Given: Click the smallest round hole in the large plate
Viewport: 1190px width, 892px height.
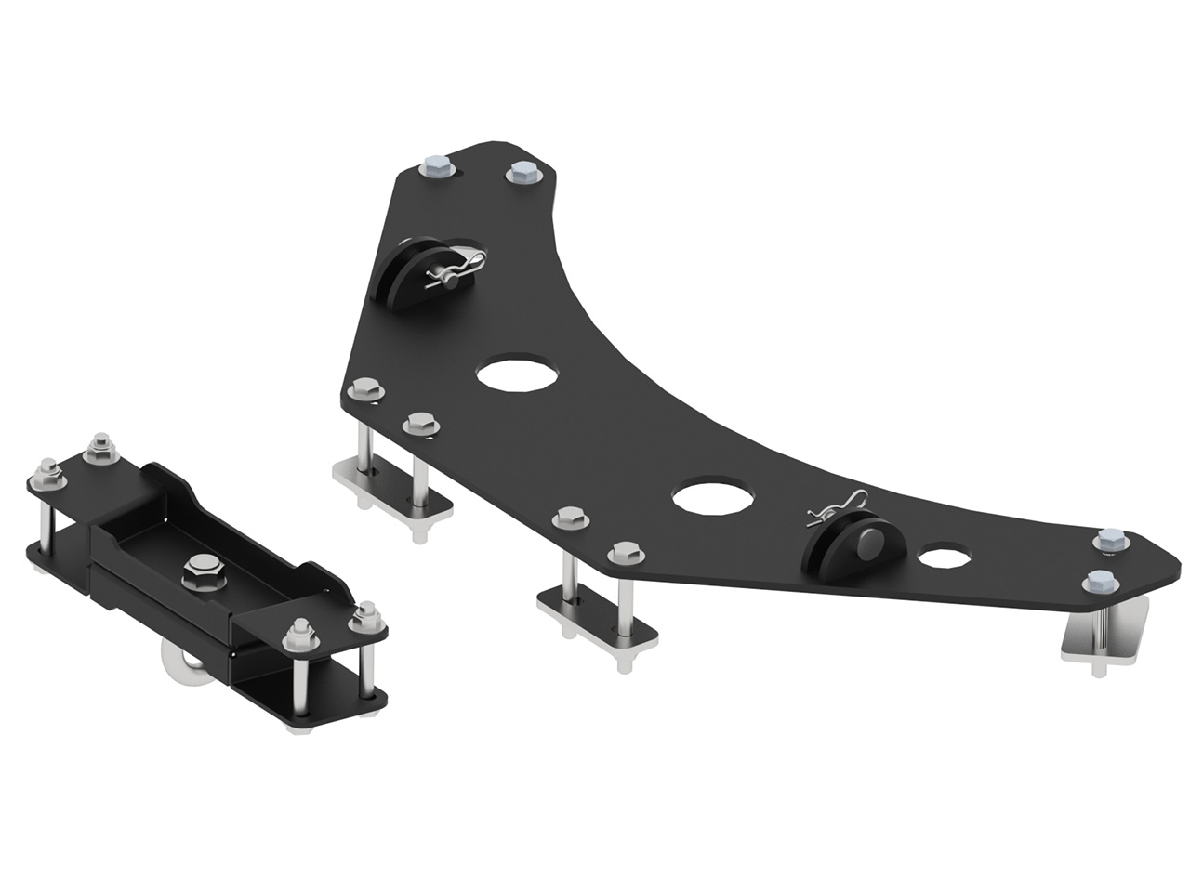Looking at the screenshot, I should point(943,558).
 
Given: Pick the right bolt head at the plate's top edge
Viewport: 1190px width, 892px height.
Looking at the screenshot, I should point(520,174).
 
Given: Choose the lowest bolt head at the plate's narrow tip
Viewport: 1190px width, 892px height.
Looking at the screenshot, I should point(1098,583).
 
